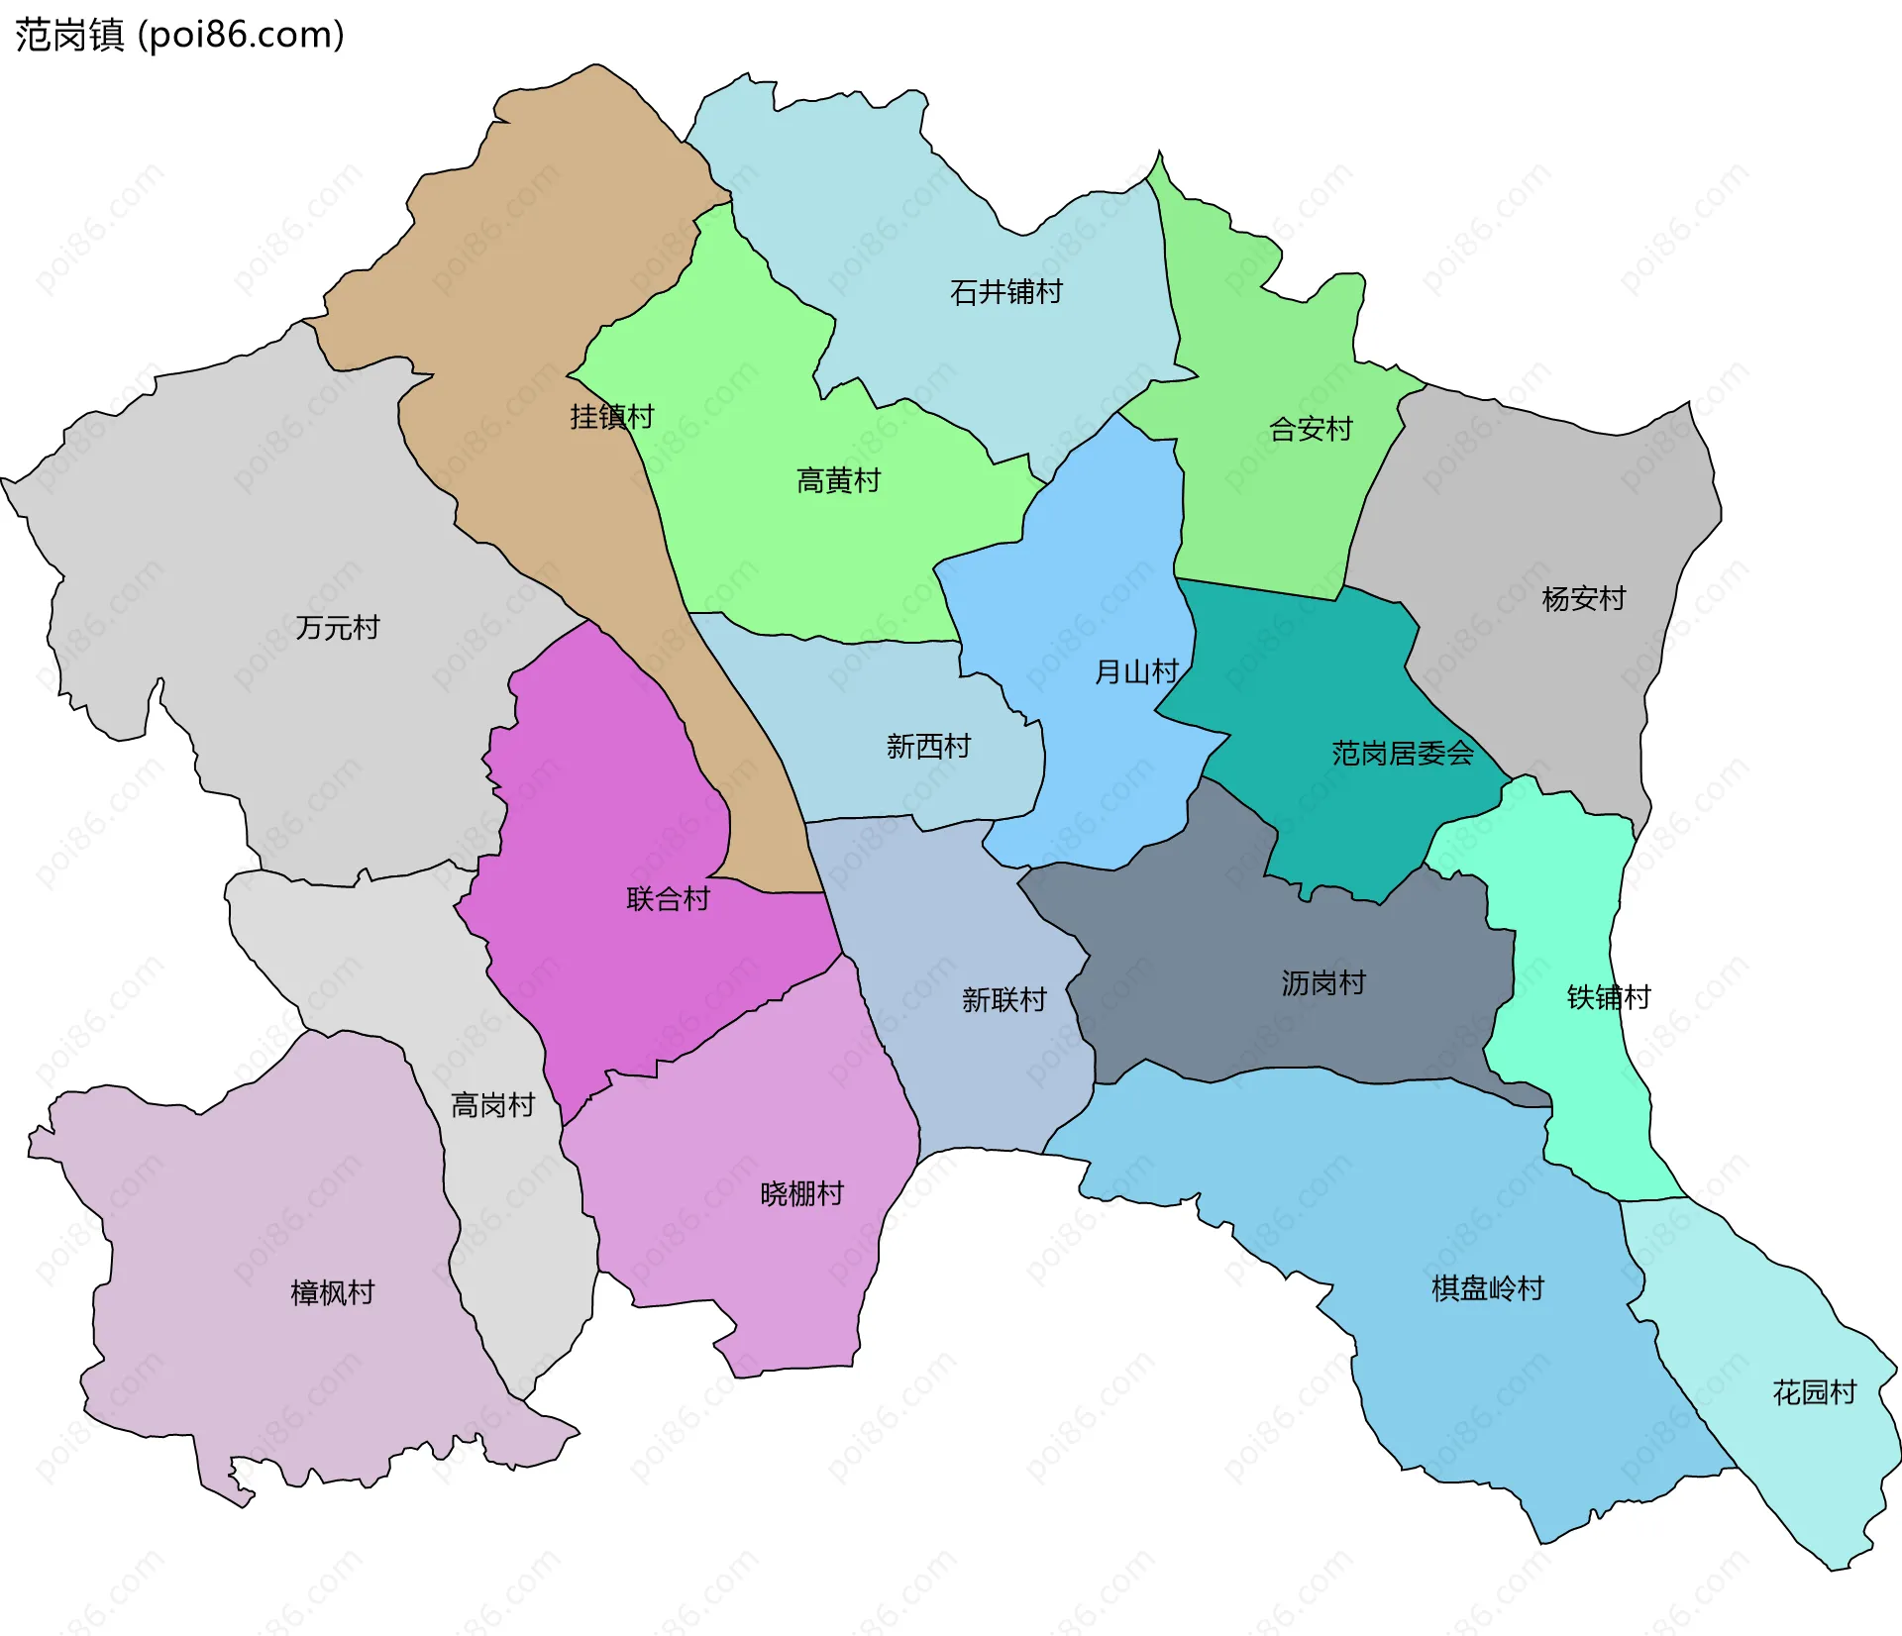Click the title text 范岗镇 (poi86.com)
[179, 35]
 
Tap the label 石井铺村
[1005, 292]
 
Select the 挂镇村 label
[611, 417]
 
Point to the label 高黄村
[838, 481]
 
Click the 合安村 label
[1311, 430]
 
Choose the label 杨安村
[1583, 599]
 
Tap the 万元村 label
[337, 628]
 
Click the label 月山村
[1135, 672]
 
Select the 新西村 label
[928, 747]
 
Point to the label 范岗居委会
[1402, 754]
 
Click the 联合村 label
[668, 899]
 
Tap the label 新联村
[1004, 1000]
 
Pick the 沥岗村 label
[1322, 983]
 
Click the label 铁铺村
[1608, 997]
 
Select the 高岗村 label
[492, 1105]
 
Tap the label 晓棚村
[801, 1194]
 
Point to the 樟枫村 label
[332, 1293]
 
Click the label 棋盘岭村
[1487, 1289]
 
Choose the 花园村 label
[1814, 1393]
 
